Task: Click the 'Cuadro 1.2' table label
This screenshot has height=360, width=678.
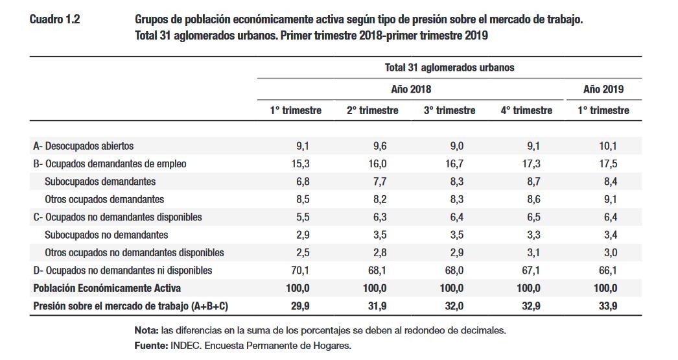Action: click(54, 19)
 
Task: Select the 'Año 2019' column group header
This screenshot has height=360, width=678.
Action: click(603, 89)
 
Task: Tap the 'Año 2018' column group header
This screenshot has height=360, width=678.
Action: click(410, 89)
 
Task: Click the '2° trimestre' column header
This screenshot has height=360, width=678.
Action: click(372, 110)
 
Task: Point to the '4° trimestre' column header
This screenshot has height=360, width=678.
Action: click(526, 110)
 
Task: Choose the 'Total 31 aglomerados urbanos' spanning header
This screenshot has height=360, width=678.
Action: click(449, 67)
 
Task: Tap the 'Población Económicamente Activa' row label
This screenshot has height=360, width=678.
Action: click(106, 288)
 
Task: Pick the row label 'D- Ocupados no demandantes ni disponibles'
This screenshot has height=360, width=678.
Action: click(123, 270)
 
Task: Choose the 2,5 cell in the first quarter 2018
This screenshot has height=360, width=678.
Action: click(301, 252)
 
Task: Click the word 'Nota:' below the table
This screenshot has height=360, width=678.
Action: click(147, 330)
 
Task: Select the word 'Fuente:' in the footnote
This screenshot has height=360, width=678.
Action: click(151, 345)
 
